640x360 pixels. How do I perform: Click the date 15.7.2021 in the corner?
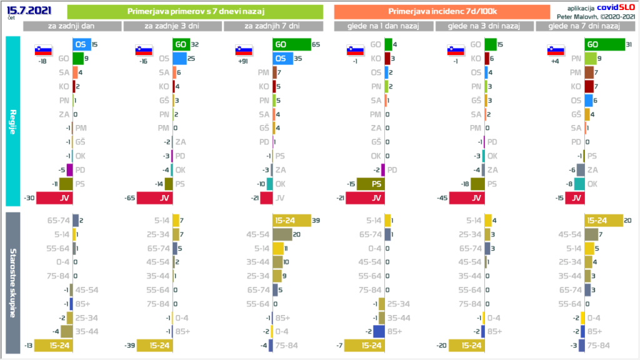pos(29,11)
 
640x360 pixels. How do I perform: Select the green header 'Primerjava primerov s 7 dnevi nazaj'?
pos(194,12)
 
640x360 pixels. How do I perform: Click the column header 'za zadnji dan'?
pos(72,26)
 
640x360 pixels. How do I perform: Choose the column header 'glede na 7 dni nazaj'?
pos(583,26)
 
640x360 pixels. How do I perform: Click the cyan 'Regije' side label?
pos(14,121)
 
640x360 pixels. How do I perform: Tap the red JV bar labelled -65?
pos(154,197)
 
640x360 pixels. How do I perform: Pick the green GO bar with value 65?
pos(291,44)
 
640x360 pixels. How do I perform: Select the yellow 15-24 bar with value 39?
pos(291,220)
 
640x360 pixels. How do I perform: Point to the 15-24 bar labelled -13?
pos(53,345)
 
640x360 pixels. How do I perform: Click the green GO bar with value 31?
pos(604,44)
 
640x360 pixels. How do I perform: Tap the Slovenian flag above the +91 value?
pos(244,51)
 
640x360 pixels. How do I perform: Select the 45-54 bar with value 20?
pos(282,234)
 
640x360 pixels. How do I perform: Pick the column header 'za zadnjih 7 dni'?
pos(272,26)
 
